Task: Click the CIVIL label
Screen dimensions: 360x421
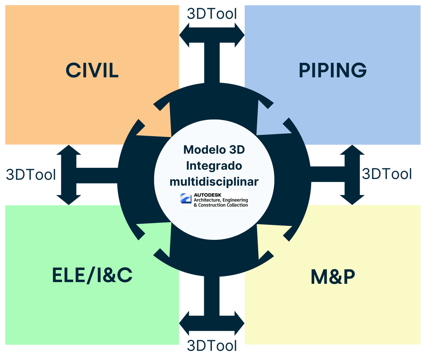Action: point(92,70)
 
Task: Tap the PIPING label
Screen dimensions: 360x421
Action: point(333,70)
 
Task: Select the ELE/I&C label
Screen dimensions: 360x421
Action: point(92,275)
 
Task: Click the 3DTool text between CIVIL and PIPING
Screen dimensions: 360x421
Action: point(212,14)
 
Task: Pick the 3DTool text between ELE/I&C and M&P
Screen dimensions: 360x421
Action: point(212,345)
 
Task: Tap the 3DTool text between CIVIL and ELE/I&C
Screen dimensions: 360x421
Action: point(31,174)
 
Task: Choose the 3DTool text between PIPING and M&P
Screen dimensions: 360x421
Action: point(386,174)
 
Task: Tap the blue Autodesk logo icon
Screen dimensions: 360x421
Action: point(186,200)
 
